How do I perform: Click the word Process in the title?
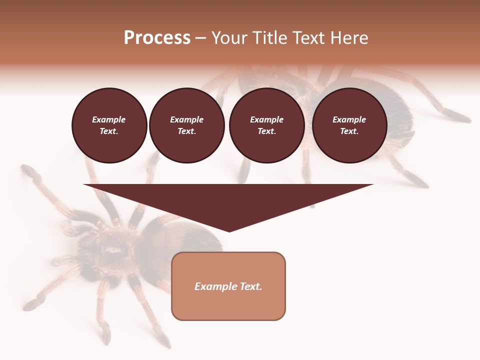pyautogui.click(x=157, y=38)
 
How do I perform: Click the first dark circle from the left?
pyautogui.click(x=109, y=125)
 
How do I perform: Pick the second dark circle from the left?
pyautogui.click(x=187, y=125)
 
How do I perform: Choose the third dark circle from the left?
pyautogui.click(x=266, y=125)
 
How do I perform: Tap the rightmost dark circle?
pyautogui.click(x=349, y=125)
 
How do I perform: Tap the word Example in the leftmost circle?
pyautogui.click(x=109, y=120)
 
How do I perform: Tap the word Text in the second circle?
pyautogui.click(x=186, y=131)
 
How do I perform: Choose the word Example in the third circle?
pyautogui.click(x=266, y=120)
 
